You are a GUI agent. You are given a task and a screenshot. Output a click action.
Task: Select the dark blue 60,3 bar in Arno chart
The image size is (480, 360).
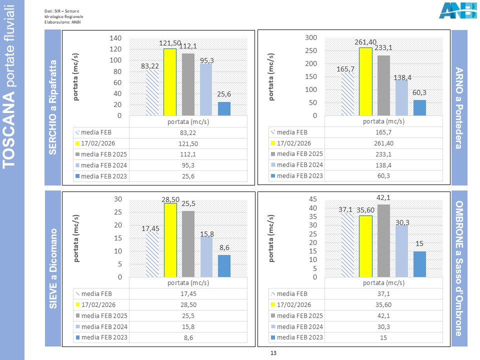click(420, 108)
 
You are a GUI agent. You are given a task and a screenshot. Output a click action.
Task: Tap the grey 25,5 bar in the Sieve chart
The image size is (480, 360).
click(188, 244)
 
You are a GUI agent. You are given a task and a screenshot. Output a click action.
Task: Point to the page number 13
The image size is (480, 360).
click(273, 353)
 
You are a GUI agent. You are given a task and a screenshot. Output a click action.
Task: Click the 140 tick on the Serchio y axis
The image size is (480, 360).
click(115, 38)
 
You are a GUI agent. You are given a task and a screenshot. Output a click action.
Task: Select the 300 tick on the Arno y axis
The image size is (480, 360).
click(311, 38)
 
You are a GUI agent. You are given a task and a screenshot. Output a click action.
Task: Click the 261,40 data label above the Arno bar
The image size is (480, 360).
click(365, 43)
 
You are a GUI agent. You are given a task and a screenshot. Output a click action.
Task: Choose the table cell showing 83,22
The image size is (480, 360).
click(188, 132)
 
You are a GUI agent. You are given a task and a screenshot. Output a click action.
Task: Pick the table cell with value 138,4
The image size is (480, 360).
click(383, 165)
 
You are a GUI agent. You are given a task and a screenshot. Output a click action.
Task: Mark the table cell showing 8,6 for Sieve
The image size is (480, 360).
click(188, 337)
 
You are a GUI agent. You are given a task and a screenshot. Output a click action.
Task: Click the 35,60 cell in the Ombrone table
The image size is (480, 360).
click(383, 304)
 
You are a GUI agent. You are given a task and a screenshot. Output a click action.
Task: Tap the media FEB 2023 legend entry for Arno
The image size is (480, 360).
click(296, 176)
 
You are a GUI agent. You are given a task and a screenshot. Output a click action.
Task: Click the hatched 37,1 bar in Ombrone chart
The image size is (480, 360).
click(347, 245)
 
